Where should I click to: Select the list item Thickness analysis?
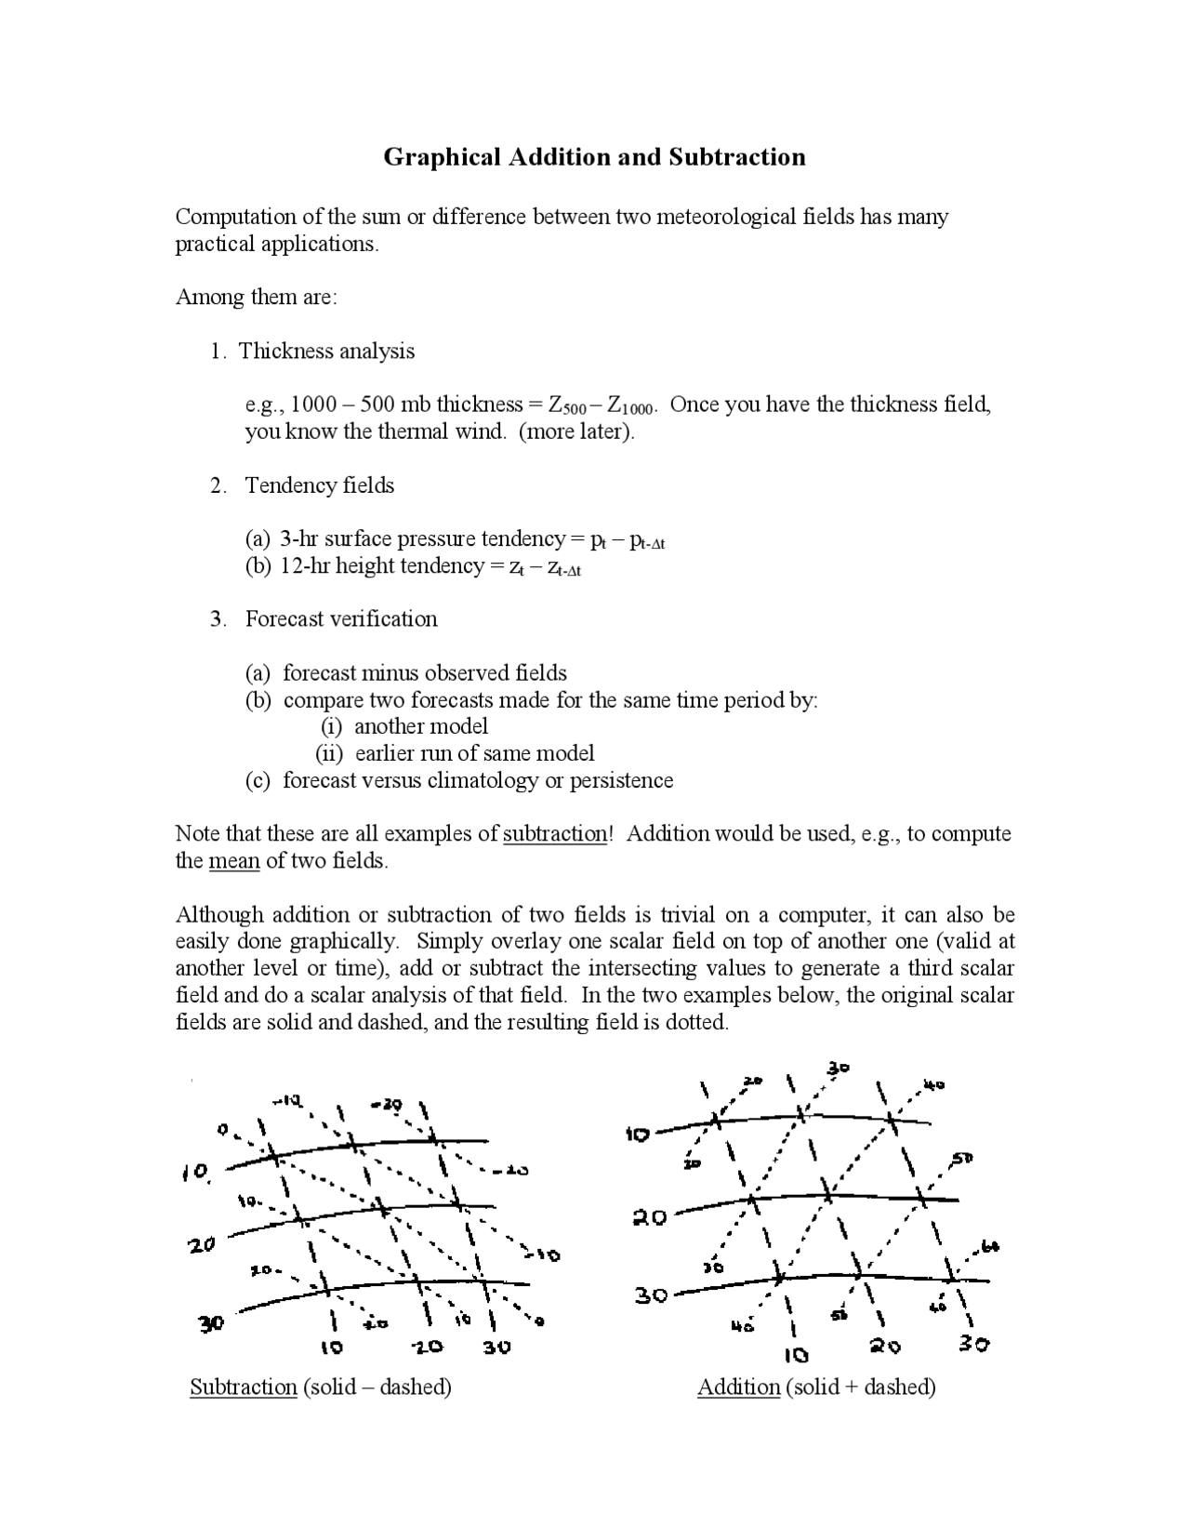tap(326, 352)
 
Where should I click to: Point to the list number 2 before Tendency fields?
tap(217, 485)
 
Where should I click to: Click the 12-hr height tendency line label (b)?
tap(258, 566)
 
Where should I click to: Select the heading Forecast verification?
tap(341, 619)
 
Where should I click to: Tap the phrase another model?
tap(420, 726)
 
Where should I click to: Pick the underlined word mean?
tap(233, 861)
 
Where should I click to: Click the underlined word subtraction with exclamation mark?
tap(555, 834)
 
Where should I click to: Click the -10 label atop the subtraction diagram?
tap(285, 1101)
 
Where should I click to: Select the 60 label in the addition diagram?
tap(989, 1247)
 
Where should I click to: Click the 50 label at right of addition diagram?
tap(961, 1159)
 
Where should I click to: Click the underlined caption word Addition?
tap(738, 1387)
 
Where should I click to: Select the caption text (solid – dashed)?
tap(377, 1387)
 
